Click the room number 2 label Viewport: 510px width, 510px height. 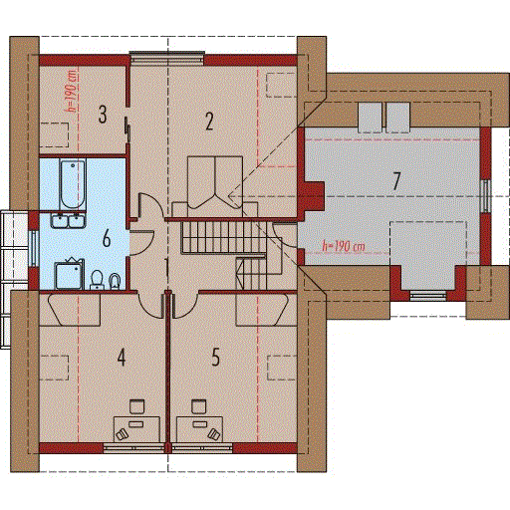tap(209, 122)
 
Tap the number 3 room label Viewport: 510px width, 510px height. tap(103, 115)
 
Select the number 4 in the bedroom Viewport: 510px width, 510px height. tap(122, 358)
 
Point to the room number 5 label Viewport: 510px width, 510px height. tap(216, 357)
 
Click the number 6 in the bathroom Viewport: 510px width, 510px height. tap(107, 238)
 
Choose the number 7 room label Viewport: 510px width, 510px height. tap(396, 181)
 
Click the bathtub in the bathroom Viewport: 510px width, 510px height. tap(73, 184)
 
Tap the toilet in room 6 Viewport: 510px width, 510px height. tap(97, 280)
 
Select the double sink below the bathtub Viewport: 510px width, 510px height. tap(68, 221)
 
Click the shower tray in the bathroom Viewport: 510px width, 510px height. tap(69, 276)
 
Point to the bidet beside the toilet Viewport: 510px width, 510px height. tap(115, 281)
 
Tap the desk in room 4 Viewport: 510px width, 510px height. tap(136, 429)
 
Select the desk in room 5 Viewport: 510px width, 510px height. tap(199, 429)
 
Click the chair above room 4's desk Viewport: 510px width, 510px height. tap(136, 406)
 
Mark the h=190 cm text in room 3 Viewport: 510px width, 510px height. tap(73, 91)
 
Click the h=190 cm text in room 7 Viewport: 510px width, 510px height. tap(344, 246)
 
